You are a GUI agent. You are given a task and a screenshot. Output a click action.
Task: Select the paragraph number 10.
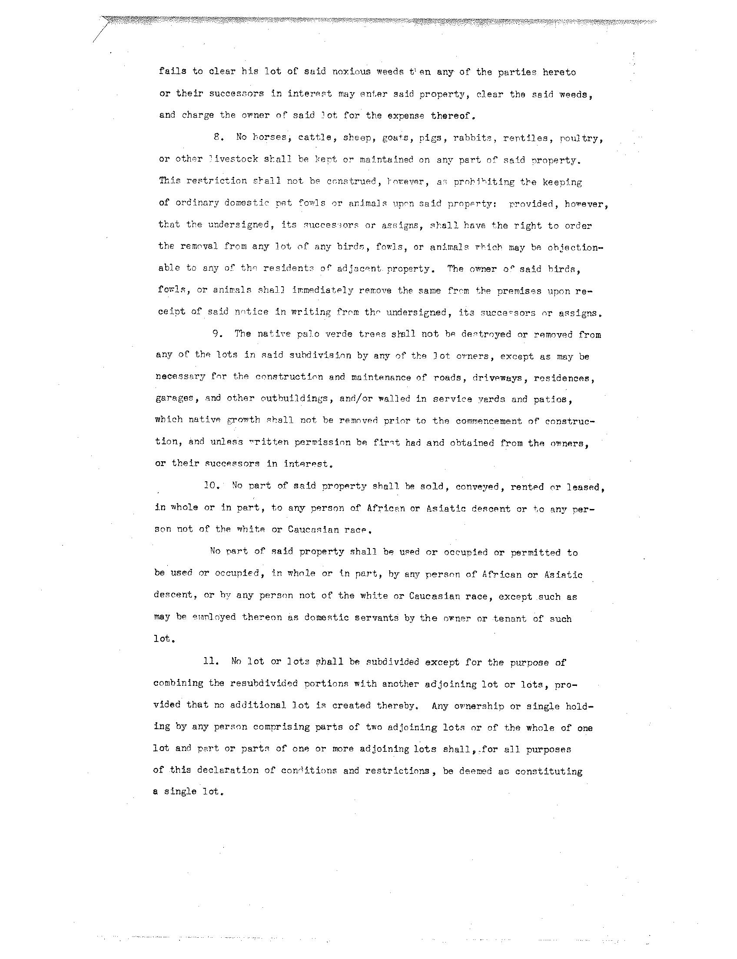tap(212, 486)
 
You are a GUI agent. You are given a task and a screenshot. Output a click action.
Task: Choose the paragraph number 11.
tap(211, 661)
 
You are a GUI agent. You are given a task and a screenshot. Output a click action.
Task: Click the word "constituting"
tap(548, 771)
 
